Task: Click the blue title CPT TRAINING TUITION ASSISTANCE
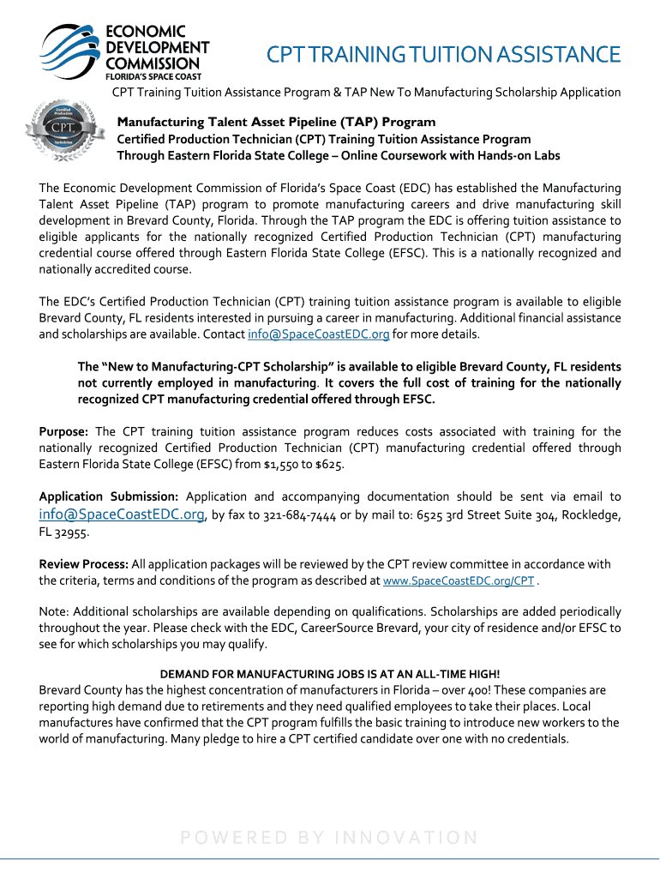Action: point(442,56)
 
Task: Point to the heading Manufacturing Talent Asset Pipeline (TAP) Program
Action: point(276,122)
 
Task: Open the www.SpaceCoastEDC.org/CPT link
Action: point(459,580)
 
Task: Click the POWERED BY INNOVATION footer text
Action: point(330,838)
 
